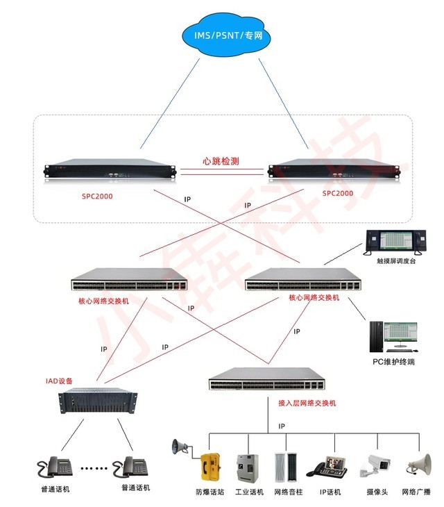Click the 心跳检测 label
pyautogui.click(x=221, y=160)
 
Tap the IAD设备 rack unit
pyautogui.click(x=98, y=404)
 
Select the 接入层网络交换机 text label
pyautogui.click(x=307, y=403)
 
